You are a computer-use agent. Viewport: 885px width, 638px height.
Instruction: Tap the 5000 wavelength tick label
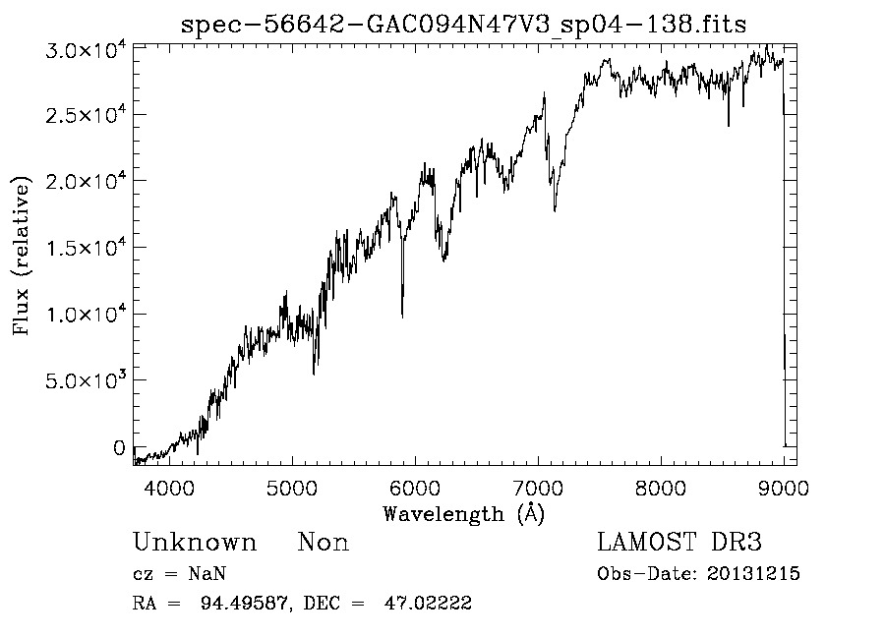click(292, 488)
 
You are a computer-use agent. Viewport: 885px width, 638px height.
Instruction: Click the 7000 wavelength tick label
click(538, 488)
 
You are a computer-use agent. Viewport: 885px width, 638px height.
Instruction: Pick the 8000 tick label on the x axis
click(661, 488)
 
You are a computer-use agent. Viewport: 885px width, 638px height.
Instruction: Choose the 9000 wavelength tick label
click(784, 488)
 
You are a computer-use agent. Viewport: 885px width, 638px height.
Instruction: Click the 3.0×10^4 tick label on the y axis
click(86, 50)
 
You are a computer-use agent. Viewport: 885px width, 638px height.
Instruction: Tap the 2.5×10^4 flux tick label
click(86, 115)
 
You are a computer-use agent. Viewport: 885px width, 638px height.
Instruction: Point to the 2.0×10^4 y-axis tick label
click(86, 181)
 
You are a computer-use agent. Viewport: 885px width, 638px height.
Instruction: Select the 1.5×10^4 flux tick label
click(86, 247)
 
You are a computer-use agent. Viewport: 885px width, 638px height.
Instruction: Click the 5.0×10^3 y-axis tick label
click(86, 379)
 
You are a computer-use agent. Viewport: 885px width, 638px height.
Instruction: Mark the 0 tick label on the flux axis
click(119, 448)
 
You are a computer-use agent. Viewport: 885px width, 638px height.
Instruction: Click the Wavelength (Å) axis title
click(463, 513)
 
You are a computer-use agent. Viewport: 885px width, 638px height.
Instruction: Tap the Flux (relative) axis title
click(22, 256)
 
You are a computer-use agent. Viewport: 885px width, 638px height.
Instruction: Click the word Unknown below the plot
click(195, 543)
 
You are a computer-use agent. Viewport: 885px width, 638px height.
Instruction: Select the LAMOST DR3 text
click(679, 543)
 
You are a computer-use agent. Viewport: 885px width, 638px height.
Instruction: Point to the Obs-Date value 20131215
click(753, 574)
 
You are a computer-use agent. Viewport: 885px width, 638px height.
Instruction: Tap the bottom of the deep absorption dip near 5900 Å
click(402, 316)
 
